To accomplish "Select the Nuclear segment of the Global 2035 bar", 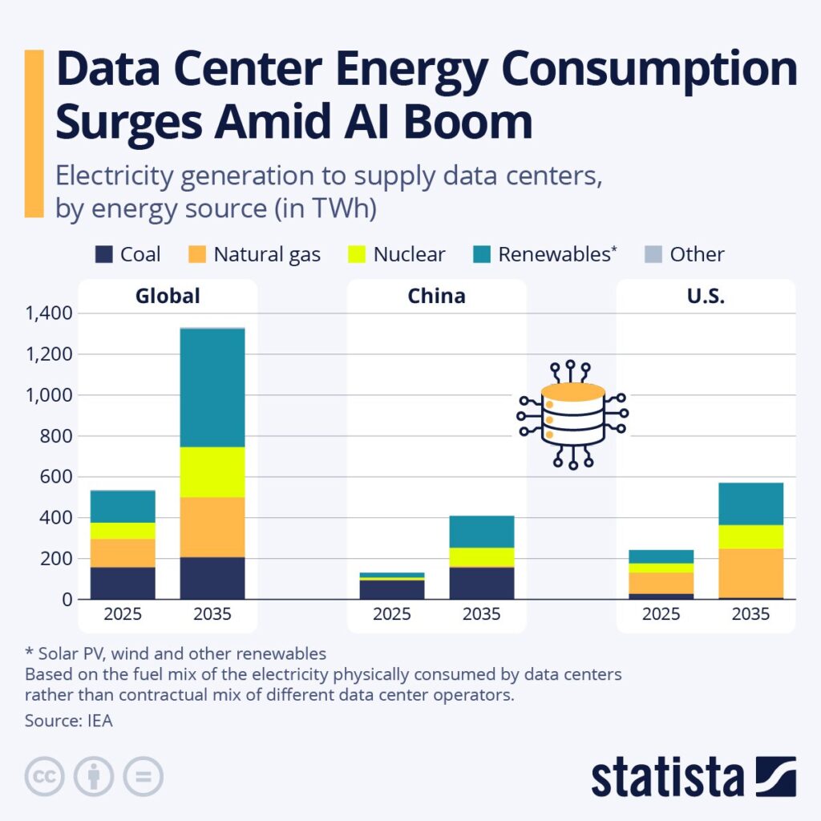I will click(212, 471).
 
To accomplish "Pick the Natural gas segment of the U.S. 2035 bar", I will click(751, 572).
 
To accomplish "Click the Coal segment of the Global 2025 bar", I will click(123, 583).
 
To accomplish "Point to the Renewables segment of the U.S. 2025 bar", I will click(661, 556).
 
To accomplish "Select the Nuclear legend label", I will click(409, 255).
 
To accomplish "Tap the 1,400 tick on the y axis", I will click(49, 313).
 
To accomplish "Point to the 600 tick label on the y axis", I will click(58, 477).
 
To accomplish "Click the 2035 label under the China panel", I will click(482, 615).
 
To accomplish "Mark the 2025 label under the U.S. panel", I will click(661, 615).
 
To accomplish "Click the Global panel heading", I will click(168, 296).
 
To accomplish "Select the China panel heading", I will click(436, 296).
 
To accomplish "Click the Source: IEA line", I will click(69, 720).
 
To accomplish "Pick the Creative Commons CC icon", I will click(45, 776).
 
